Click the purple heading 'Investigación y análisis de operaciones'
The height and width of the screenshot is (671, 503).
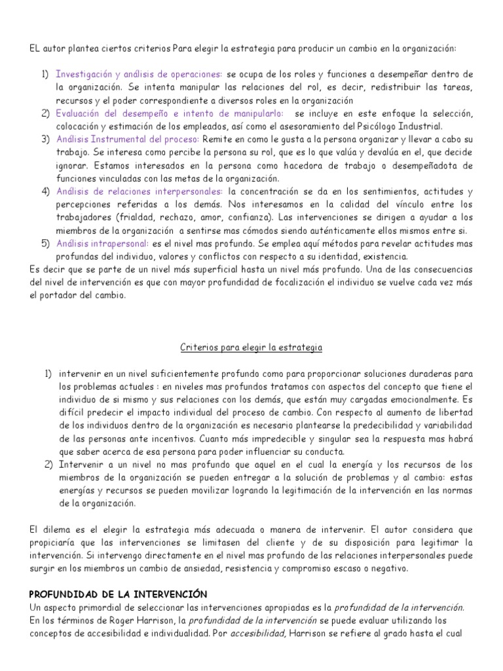coord(139,73)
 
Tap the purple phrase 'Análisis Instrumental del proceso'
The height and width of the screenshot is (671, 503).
coord(128,139)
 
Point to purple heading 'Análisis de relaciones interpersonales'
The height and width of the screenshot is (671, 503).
coord(140,191)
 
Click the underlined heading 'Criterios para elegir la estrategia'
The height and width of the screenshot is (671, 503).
coord(251,347)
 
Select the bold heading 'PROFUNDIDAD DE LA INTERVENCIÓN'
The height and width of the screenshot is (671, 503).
coord(118,594)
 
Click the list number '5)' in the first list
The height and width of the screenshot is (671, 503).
coord(46,243)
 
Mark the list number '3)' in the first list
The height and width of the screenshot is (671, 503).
coord(46,139)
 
